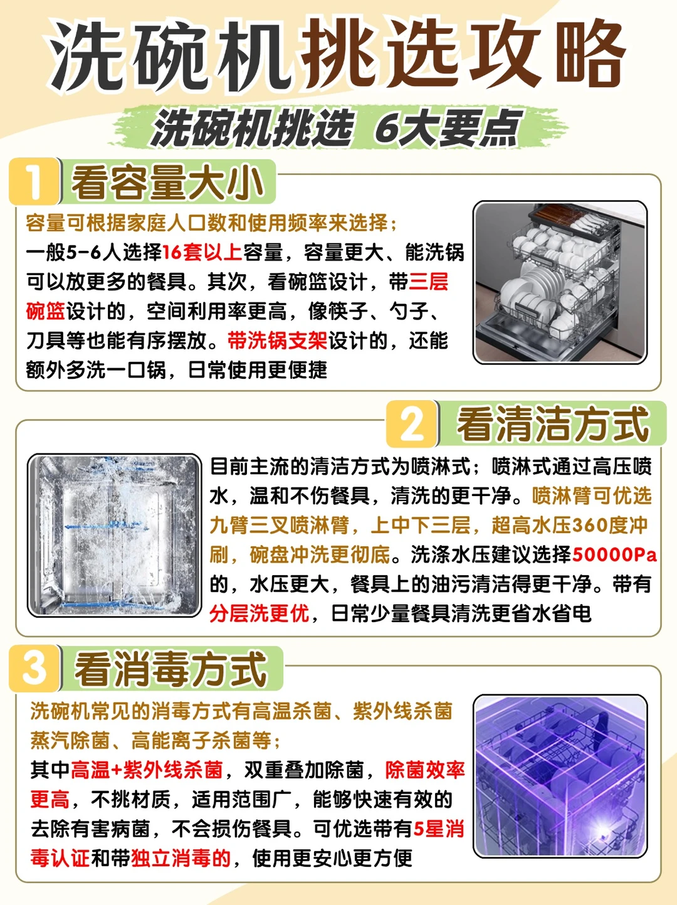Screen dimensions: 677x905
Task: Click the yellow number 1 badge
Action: [x=34, y=181]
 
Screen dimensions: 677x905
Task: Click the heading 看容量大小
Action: [x=167, y=183]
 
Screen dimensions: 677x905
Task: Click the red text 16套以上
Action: [x=202, y=252]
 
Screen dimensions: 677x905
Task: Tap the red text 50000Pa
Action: [x=614, y=555]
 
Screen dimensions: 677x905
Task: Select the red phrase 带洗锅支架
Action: [x=277, y=341]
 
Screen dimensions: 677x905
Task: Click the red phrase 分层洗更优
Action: [x=259, y=613]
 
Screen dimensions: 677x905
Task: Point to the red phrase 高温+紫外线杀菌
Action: [x=147, y=770]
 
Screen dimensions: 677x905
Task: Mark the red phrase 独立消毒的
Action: [x=181, y=859]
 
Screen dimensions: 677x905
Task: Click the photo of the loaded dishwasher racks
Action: [x=560, y=282]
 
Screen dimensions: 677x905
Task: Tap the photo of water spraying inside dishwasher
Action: [x=114, y=536]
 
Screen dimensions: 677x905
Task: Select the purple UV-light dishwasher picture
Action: [x=560, y=776]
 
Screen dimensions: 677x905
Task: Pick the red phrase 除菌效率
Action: [x=425, y=770]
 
